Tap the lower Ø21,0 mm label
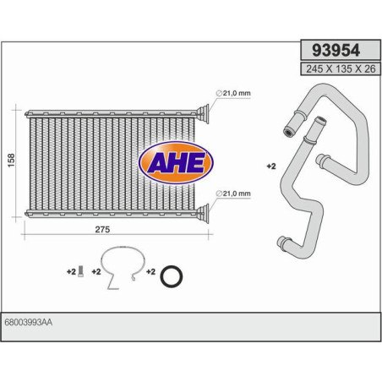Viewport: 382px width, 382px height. pyautogui.click(x=234, y=194)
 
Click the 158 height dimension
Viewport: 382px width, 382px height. pyautogui.click(x=9, y=161)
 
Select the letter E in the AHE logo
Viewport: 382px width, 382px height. pyautogui.click(x=195, y=162)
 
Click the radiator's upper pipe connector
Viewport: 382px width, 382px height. pyautogui.click(x=204, y=112)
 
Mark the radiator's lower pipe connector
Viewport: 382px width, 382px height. pyautogui.click(x=204, y=211)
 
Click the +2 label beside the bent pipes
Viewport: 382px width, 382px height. pyautogui.click(x=271, y=167)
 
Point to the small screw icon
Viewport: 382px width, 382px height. pyautogui.click(x=79, y=271)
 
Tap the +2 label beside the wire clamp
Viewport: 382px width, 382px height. pyautogui.click(x=96, y=271)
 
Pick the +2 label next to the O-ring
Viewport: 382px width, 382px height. pyautogui.click(x=150, y=271)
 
